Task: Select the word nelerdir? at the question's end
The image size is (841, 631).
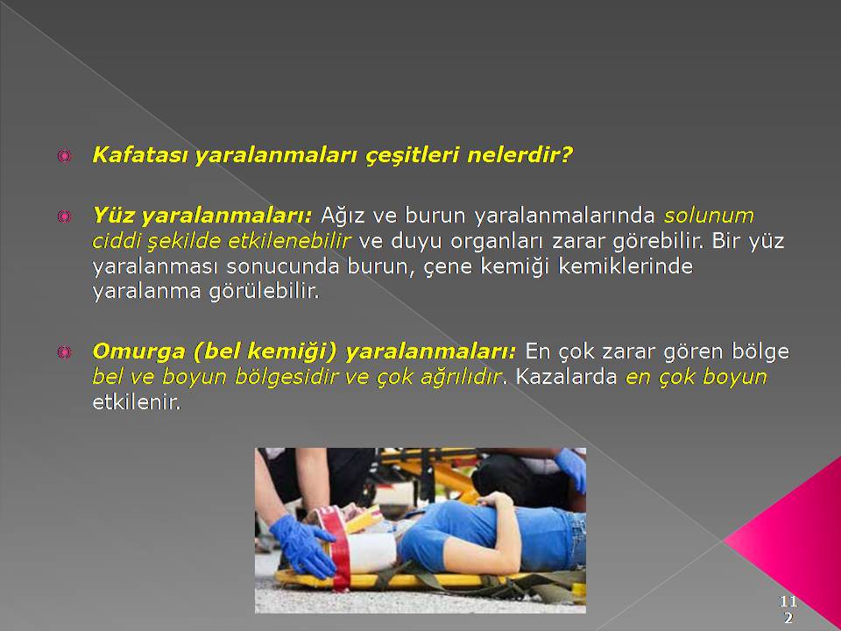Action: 519,155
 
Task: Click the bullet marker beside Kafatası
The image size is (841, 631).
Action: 64,156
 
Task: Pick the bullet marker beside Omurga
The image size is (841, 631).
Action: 64,352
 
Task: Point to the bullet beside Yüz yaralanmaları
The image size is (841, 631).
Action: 64,216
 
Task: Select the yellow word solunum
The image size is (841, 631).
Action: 709,216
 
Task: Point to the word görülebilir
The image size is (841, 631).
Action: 264,292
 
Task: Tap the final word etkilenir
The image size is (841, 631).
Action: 137,402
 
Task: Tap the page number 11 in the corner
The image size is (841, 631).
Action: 788,601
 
